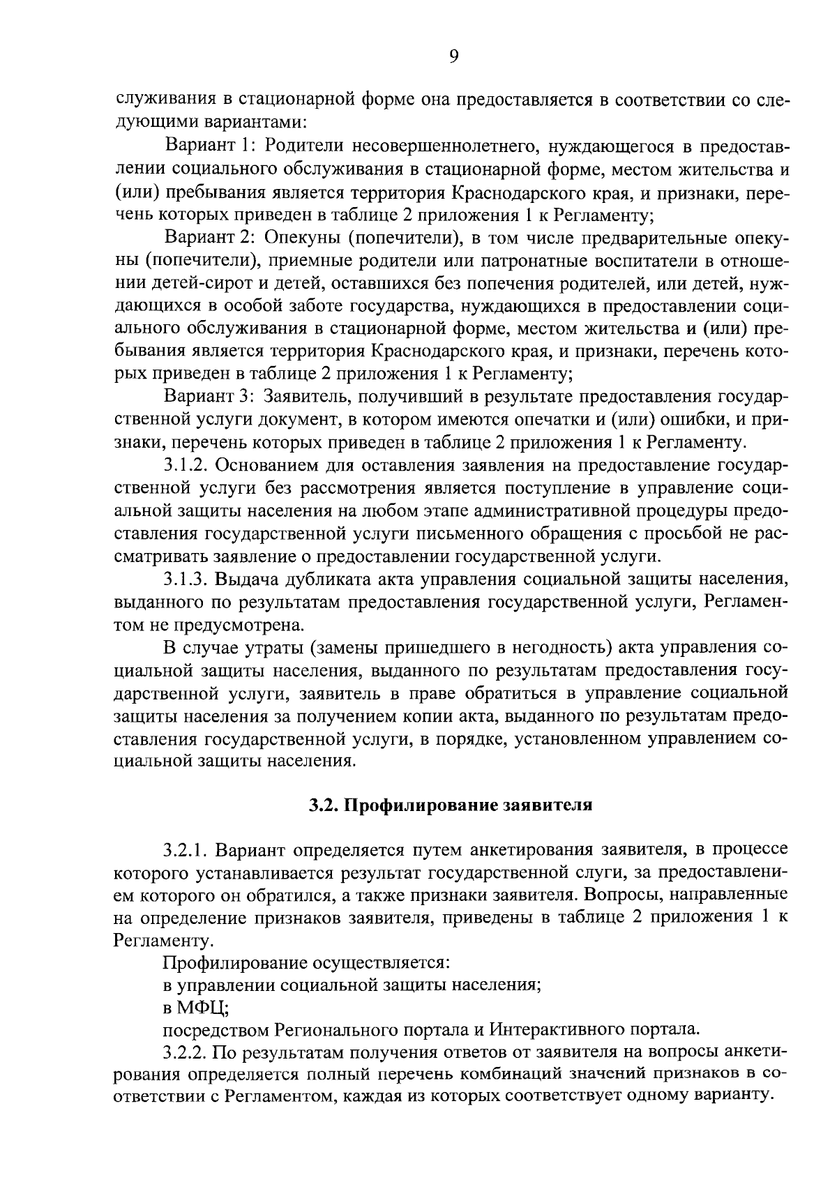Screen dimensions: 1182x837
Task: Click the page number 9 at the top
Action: (453, 57)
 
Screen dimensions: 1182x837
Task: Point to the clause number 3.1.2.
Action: (186, 465)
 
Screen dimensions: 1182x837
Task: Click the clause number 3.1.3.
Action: (186, 579)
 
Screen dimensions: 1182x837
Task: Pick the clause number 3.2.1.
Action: (186, 849)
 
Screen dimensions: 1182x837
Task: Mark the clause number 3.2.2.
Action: (186, 1052)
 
